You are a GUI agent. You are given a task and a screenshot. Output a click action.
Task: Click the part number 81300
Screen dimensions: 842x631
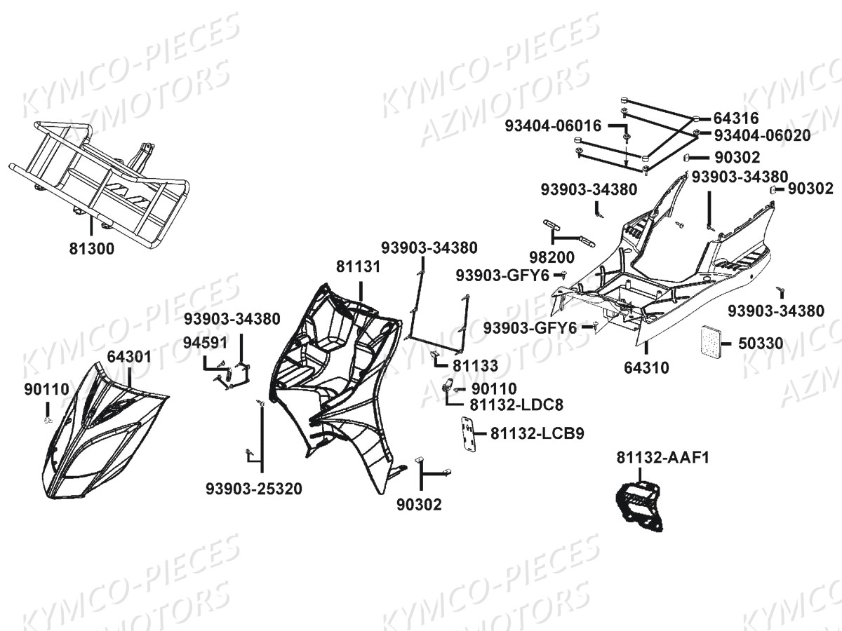coord(92,249)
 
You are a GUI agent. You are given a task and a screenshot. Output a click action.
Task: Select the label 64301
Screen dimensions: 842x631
coord(129,357)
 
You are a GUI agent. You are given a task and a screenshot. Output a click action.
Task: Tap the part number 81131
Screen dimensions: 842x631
coord(359,266)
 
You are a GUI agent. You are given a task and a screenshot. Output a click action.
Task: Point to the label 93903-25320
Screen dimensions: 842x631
coord(254,489)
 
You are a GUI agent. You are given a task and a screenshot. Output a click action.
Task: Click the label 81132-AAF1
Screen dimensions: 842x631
coord(663,457)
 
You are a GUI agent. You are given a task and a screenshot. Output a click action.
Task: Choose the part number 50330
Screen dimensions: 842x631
coord(761,344)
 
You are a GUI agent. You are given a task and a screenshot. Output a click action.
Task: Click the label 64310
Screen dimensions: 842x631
coord(646,368)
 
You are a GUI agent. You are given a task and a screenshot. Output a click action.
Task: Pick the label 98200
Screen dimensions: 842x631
coord(552,257)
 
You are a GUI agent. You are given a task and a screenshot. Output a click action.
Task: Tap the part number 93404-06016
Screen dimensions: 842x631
coord(553,125)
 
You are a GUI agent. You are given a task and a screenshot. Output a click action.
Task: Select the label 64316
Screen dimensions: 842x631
coord(736,118)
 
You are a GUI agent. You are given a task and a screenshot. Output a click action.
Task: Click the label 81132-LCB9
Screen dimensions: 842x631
coord(537,434)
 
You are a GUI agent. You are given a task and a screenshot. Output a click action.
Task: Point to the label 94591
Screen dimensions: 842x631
coord(205,343)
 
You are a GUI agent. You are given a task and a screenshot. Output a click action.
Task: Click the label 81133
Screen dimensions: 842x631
coord(475,366)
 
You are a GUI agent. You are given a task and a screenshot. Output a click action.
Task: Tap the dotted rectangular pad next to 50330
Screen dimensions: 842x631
coord(709,340)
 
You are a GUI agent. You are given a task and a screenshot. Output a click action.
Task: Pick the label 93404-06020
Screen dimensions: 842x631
coord(762,135)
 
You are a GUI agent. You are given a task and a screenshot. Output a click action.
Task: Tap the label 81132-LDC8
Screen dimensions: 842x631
coord(516,405)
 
